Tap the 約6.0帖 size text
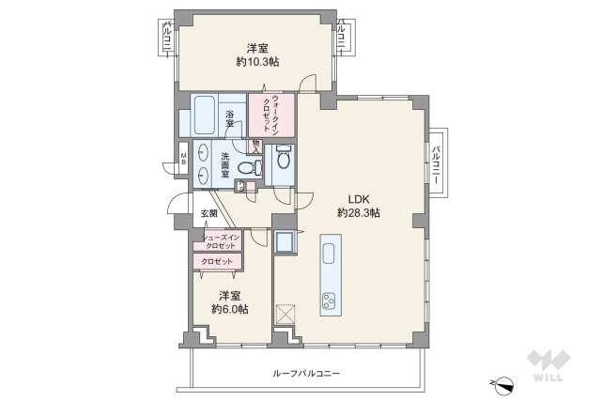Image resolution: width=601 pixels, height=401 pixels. [x=231, y=308]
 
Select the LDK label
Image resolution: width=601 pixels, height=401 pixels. [x=359, y=199]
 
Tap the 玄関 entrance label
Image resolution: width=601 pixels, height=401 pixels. [x=208, y=214]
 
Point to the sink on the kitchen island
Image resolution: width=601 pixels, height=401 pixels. [x=330, y=254]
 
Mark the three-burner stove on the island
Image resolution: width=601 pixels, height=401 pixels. [x=330, y=301]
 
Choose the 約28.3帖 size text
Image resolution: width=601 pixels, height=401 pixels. [x=359, y=214]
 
